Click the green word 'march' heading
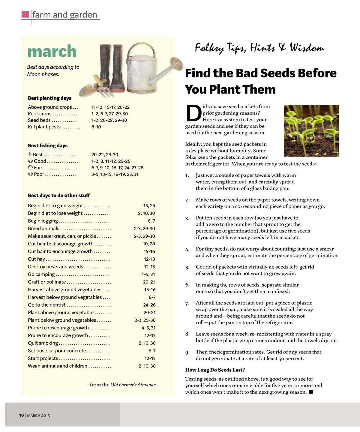click(52, 51)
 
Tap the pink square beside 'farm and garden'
click(25, 14)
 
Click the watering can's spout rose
click(176, 63)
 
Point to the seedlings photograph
click(311, 130)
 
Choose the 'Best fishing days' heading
click(48, 145)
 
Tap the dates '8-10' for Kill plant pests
click(96, 127)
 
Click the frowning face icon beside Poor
click(30, 174)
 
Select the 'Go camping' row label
click(41, 274)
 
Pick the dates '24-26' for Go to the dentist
click(149, 305)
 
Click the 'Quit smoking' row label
click(43, 343)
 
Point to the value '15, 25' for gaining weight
click(149, 205)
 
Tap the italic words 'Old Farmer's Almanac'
click(133, 385)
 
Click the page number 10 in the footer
click(21, 415)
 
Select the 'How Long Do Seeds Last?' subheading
click(215, 370)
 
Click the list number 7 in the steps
click(187, 303)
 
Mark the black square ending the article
click(311, 392)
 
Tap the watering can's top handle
click(141, 48)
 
